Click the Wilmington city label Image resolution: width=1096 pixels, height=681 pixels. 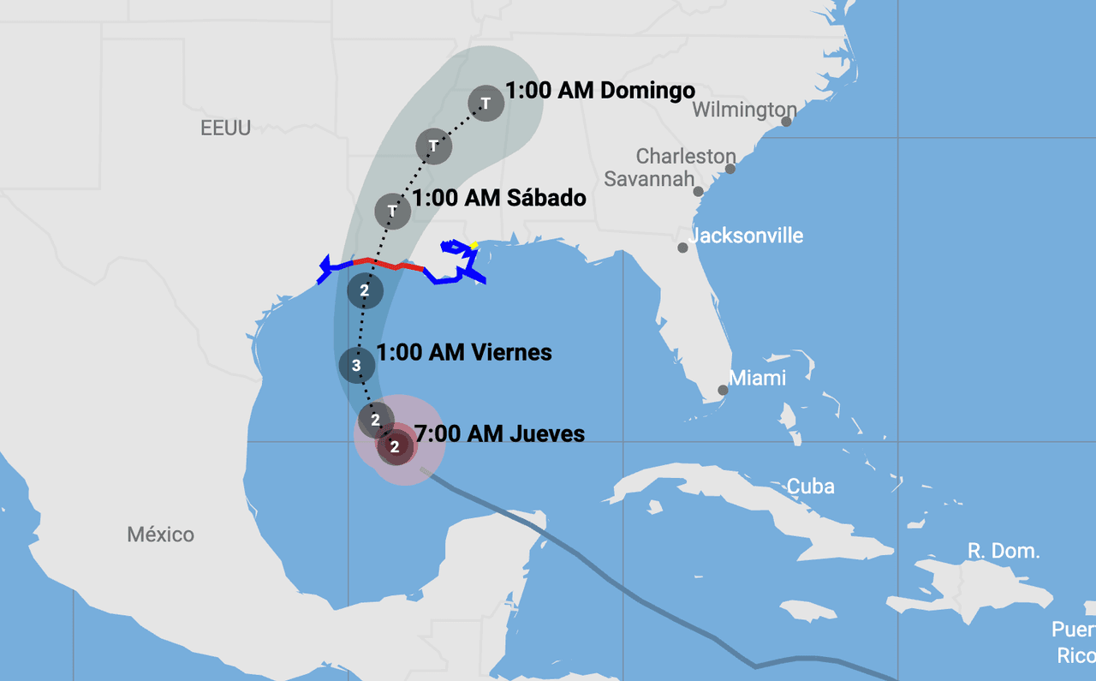744,110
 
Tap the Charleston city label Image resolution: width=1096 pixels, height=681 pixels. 686,156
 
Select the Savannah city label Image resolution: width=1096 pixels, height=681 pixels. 648,179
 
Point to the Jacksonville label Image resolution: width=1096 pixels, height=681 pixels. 747,236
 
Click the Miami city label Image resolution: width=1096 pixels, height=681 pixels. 757,378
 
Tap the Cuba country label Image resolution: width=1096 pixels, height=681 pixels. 810,487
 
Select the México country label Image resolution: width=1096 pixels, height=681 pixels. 160,535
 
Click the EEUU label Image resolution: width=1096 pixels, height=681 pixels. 225,128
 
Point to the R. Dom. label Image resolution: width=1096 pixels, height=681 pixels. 1004,551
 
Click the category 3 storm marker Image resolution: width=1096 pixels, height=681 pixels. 357,367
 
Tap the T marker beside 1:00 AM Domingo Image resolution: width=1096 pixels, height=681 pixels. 485,104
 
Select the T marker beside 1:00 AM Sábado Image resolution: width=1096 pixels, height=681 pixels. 392,210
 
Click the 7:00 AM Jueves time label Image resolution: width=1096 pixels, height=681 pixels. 499,434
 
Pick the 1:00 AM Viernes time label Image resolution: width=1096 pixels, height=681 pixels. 464,352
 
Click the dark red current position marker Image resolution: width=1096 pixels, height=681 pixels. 395,446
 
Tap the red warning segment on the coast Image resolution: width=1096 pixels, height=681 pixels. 390,264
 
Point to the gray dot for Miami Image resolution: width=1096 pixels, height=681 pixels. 723,390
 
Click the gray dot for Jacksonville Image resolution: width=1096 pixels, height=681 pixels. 682,248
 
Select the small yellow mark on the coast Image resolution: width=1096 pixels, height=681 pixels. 474,245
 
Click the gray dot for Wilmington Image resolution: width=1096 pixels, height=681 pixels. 786,122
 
